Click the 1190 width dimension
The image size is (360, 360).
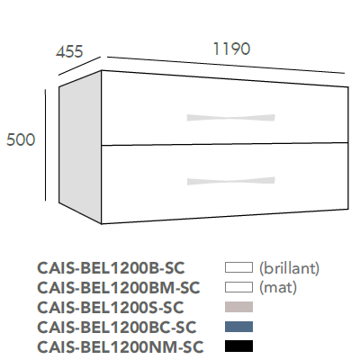[x=231, y=49]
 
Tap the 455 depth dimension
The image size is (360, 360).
[x=69, y=51]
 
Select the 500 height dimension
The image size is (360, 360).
[x=21, y=139]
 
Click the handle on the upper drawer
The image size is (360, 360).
[x=230, y=118]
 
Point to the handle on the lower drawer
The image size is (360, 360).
[x=230, y=181]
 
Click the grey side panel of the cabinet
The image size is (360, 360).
[x=80, y=147]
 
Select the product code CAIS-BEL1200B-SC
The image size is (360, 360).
[x=111, y=268]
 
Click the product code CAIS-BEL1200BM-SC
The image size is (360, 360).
[x=119, y=288]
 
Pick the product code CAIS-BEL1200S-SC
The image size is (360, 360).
[x=110, y=307]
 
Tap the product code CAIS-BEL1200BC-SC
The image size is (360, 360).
[x=117, y=327]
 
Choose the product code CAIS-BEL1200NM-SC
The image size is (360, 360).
[x=121, y=346]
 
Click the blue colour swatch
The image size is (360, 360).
[x=238, y=327]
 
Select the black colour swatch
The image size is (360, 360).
[x=238, y=346]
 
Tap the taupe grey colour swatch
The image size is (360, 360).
[x=238, y=307]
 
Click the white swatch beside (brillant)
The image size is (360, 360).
[x=238, y=267]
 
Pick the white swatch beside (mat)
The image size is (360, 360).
[x=238, y=287]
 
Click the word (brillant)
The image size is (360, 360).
[x=289, y=268]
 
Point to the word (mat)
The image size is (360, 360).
[x=278, y=288]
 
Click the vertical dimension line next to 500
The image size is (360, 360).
[x=45, y=145]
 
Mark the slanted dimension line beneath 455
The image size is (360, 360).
[x=79, y=66]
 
